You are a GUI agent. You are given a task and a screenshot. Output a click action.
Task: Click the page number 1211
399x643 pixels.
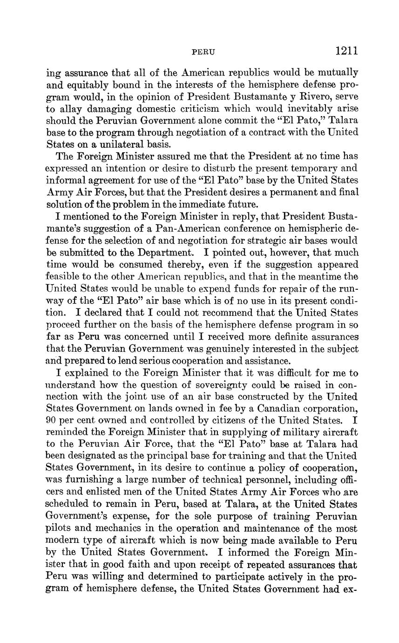point(346,51)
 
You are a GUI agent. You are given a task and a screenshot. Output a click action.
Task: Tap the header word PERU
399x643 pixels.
point(203,52)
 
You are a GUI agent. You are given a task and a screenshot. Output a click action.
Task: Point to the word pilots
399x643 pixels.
point(58,529)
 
